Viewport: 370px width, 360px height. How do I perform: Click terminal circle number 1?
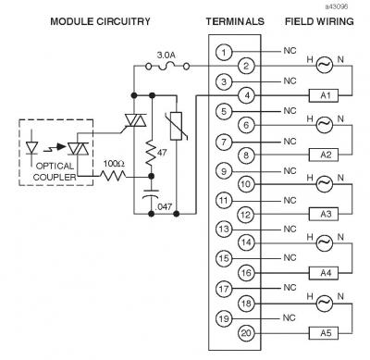tap(225, 53)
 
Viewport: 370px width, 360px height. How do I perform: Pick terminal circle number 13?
tap(225, 229)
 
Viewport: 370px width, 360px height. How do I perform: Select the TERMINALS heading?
tap(235, 20)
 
